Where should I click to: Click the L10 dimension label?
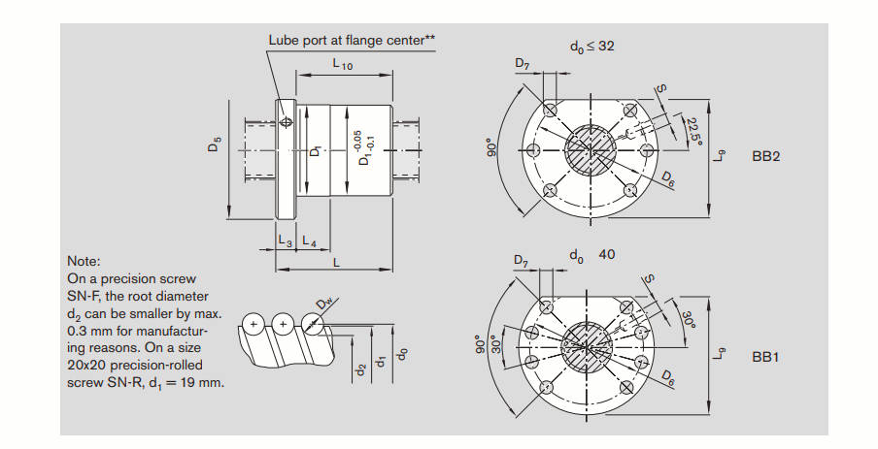[x=342, y=66]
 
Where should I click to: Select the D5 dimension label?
[x=215, y=144]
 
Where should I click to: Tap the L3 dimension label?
[x=285, y=240]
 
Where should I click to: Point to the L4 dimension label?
[x=308, y=240]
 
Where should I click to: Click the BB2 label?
[x=766, y=156]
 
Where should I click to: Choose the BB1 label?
[x=766, y=357]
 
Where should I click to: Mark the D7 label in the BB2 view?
[x=523, y=66]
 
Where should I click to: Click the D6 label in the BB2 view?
[x=668, y=177]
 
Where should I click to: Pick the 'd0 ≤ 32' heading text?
[x=591, y=46]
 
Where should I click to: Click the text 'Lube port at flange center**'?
[x=352, y=40]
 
